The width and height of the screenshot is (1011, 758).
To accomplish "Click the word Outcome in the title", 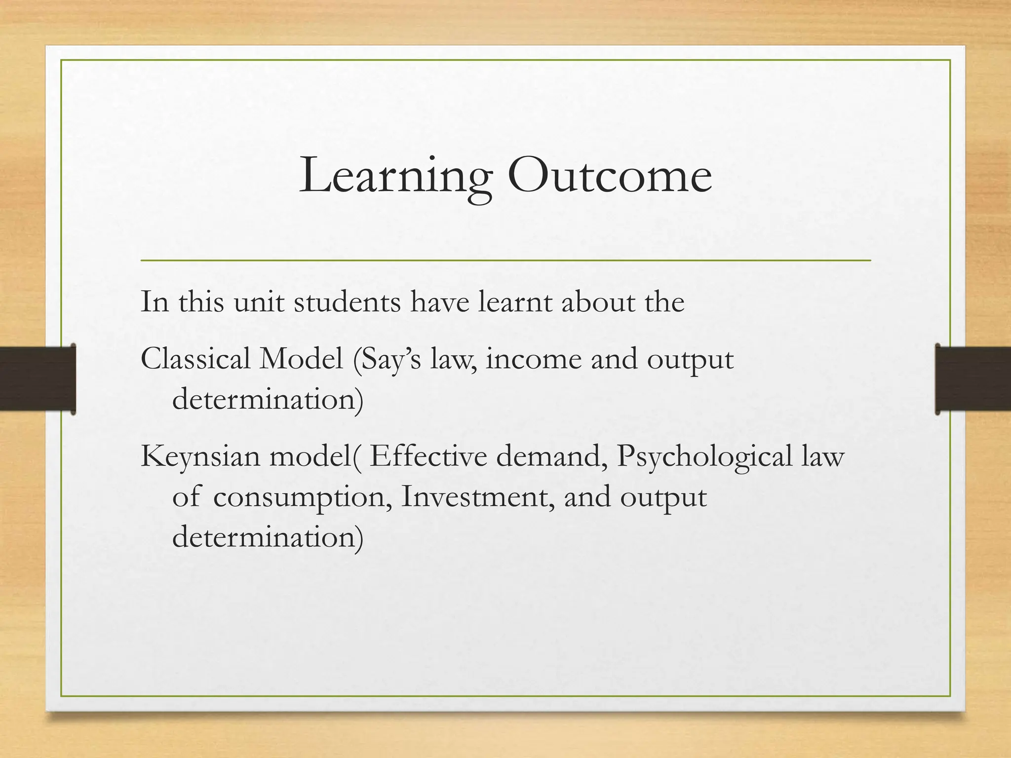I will pos(610,175).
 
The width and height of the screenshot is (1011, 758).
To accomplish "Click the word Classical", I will pos(195,359).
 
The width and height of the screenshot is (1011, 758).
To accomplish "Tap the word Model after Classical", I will pos(301,359).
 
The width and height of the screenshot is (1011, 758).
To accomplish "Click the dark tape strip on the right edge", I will pos(972,379).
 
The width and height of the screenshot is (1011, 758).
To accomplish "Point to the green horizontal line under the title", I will pos(505,260).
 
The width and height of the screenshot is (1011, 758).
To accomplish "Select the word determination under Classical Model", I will pos(267,399).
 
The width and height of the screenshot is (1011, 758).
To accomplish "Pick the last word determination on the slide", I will pos(267,537).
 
